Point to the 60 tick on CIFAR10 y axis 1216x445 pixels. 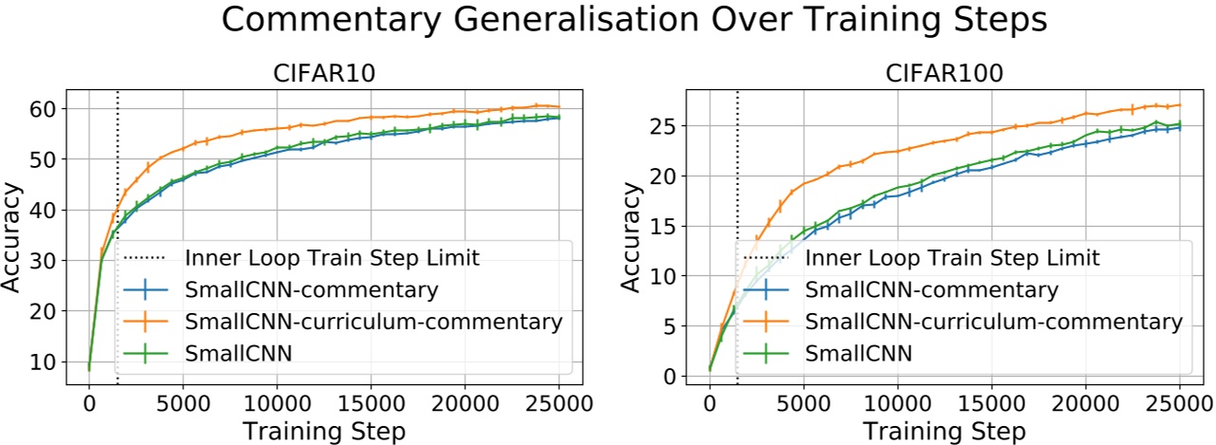tap(45, 108)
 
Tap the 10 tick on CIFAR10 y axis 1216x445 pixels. tap(45, 362)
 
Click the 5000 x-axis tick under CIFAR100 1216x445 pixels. tap(803, 402)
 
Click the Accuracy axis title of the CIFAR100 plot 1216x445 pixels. tap(630, 231)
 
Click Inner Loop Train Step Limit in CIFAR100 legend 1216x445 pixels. tap(952, 257)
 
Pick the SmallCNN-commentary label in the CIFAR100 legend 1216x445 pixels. tap(931, 289)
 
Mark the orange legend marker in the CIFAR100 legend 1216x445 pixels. tap(769, 322)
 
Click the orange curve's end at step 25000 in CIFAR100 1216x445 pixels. tap(1178, 105)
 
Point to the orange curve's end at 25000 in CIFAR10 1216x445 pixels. tap(558, 107)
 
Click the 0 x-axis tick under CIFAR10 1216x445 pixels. tap(89, 402)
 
